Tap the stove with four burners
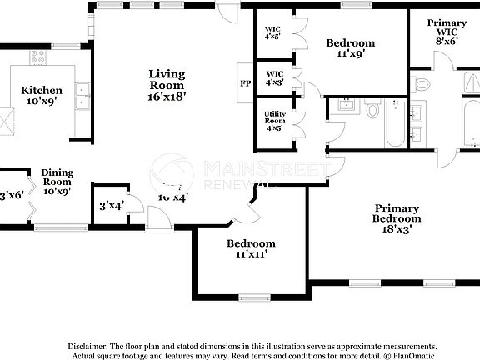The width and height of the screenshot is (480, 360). pos(37,57)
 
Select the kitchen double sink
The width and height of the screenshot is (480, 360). pos(82,96)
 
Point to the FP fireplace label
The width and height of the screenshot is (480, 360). pos(245,84)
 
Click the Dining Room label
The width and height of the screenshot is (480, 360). pos(57,181)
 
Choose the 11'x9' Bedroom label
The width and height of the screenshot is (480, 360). pos(350,48)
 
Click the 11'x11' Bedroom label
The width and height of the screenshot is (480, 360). pos(252,248)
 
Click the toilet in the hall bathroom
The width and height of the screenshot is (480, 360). pos(373,108)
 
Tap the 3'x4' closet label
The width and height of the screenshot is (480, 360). pos(111,205)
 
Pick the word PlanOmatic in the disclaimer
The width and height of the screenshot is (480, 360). pos(412,355)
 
